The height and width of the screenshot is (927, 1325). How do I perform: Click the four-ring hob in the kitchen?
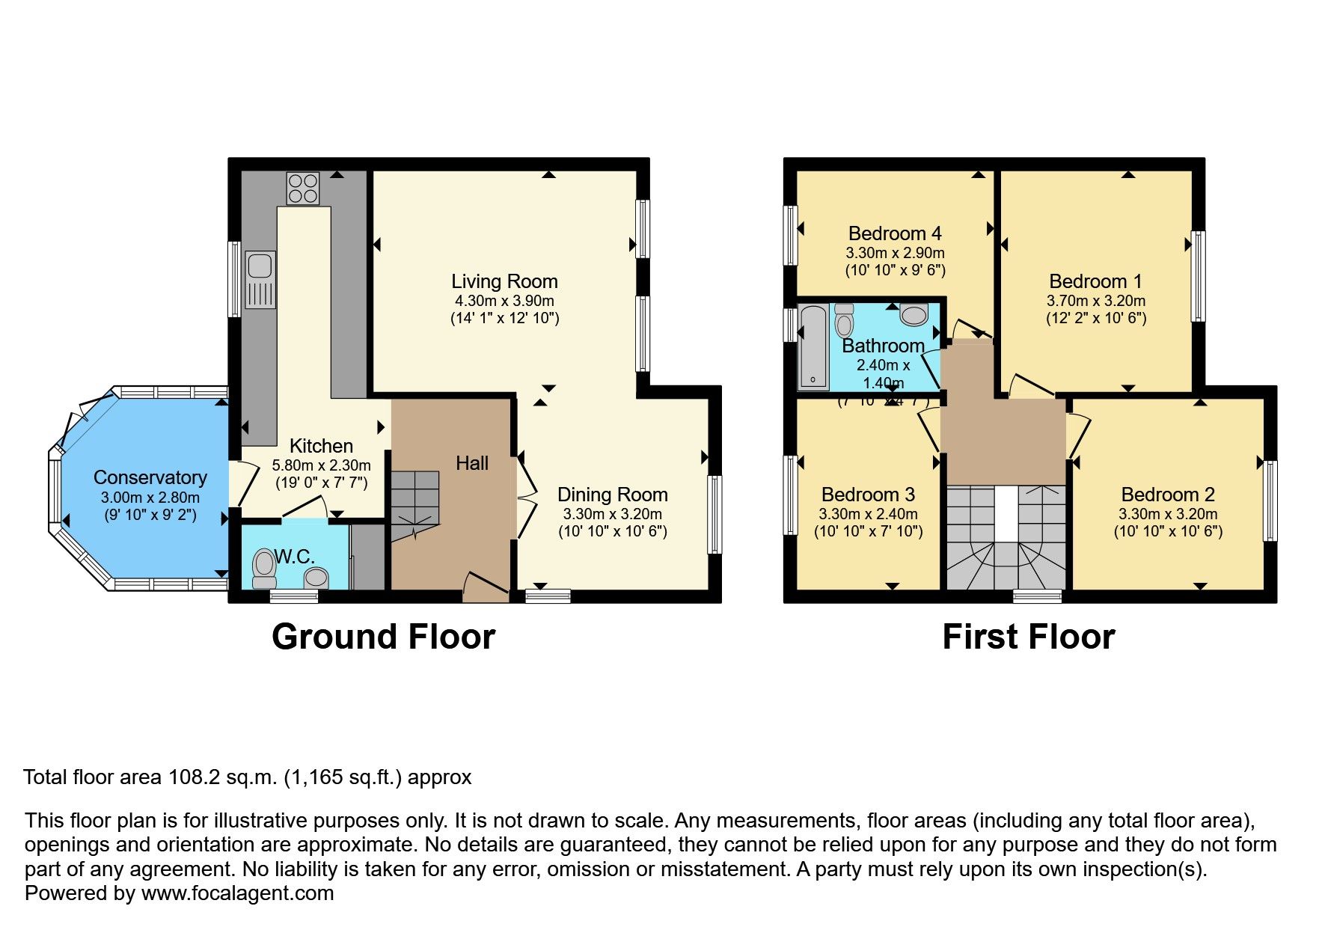pos(302,188)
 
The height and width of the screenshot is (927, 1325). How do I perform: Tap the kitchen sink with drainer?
pos(260,279)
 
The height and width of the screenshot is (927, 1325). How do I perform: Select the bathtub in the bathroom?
pos(813,346)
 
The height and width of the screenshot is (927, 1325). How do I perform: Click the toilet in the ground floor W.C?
pos(263,569)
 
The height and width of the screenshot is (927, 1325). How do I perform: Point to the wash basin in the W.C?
pos(316,577)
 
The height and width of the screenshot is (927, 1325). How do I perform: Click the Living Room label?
pos(504,281)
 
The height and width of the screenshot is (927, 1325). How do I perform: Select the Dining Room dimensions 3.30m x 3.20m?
pos(612,514)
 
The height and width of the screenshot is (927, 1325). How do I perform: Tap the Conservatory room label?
pos(150,477)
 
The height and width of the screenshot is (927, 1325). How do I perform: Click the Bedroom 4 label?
pos(895,233)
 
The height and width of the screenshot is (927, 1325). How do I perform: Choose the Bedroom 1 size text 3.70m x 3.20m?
pos(1095,301)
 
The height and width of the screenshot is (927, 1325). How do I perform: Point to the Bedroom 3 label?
pos(868,495)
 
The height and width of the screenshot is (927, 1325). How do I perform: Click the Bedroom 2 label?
pos(1167,495)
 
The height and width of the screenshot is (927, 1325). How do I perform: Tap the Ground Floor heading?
pos(383,637)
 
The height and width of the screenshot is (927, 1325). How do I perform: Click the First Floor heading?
pos(1028,637)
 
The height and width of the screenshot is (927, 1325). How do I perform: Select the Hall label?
pos(472,463)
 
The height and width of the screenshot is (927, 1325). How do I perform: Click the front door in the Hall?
pos(486,587)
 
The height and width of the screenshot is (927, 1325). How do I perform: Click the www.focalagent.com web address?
pos(237,893)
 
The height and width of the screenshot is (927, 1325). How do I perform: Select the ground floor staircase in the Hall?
pos(414,505)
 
